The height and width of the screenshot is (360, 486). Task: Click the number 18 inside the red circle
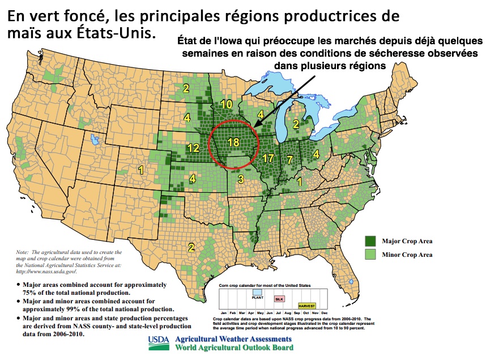233,142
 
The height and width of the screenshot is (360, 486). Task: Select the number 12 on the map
193,148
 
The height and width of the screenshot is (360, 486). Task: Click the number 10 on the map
227,104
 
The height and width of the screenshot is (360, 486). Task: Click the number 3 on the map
240,180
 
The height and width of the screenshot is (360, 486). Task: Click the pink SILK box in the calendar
279,298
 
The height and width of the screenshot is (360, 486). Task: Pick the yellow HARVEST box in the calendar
308,306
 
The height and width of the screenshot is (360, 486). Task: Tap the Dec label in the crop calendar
324,313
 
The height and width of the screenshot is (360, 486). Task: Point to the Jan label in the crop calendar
224,313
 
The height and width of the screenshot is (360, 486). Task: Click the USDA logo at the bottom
159,341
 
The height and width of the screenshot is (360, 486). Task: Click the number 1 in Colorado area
141,169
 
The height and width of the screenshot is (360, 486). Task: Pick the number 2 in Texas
191,247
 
